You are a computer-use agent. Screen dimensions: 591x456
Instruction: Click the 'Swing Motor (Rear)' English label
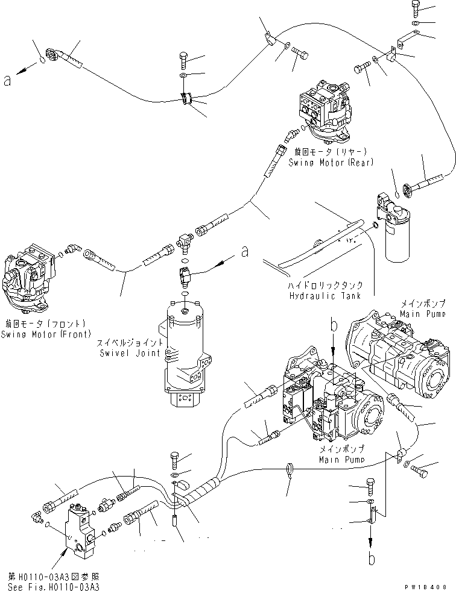tap(330, 162)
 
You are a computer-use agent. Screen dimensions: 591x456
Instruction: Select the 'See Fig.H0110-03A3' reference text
tap(53, 587)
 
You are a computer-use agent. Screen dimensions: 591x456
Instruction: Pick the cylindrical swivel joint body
tap(183, 349)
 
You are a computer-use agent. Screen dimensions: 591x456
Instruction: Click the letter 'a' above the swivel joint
tap(244, 252)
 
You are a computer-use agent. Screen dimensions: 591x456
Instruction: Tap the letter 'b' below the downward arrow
tap(372, 558)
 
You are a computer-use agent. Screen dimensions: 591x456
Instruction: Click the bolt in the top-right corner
tap(417, 8)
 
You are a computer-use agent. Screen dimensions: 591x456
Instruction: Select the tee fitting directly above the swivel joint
tap(185, 242)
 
